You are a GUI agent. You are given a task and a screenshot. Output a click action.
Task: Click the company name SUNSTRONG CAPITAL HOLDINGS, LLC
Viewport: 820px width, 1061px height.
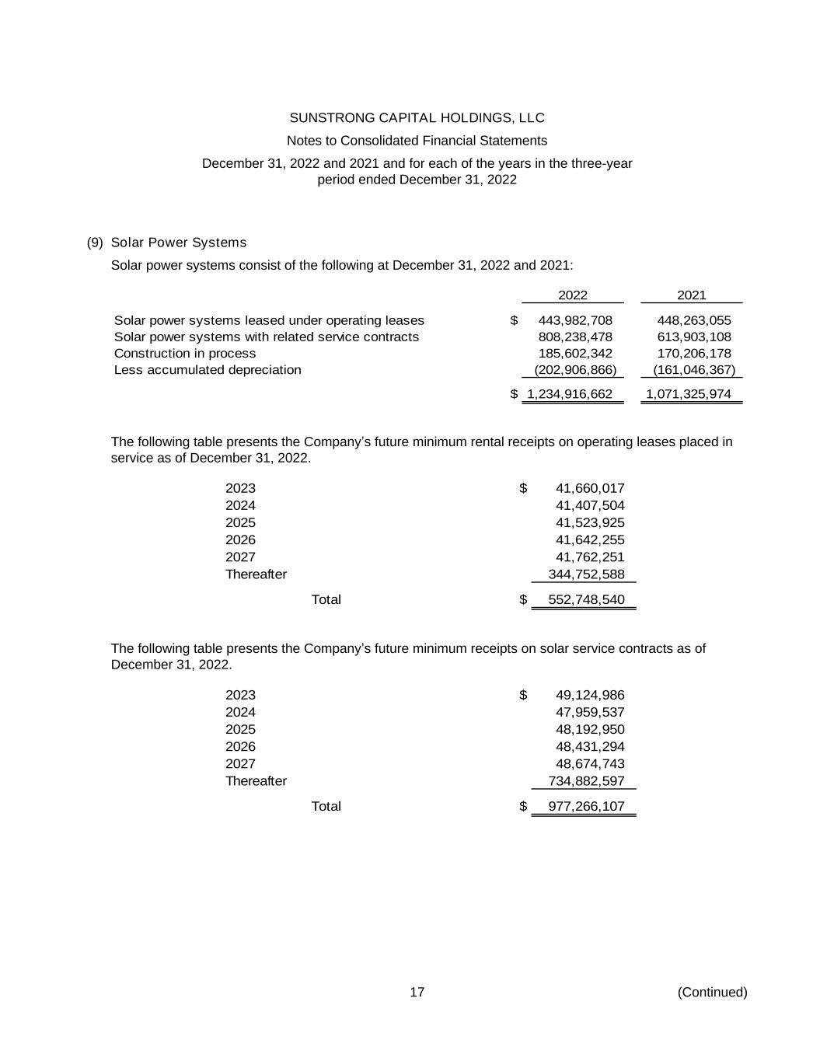click(x=417, y=118)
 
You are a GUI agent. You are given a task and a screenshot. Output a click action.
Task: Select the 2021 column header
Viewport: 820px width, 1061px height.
click(x=691, y=295)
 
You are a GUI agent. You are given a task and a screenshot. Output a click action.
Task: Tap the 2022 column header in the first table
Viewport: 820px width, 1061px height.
click(x=573, y=295)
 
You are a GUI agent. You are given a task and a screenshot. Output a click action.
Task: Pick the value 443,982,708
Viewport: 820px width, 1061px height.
click(x=575, y=320)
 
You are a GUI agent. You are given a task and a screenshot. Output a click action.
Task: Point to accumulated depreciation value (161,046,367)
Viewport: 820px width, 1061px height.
click(x=693, y=370)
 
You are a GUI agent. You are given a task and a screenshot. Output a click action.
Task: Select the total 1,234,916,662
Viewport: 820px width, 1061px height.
click(x=570, y=394)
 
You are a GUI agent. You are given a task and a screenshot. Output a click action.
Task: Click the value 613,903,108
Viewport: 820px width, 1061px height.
click(x=694, y=337)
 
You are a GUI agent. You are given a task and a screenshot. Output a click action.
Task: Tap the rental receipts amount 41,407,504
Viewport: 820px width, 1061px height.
click(x=590, y=506)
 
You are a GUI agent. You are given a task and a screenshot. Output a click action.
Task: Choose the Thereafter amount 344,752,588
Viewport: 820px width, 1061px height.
click(x=586, y=574)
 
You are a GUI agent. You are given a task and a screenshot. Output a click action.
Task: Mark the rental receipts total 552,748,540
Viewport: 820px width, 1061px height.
click(x=586, y=599)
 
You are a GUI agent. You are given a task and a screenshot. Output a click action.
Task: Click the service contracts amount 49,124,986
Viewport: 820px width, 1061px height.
click(x=590, y=695)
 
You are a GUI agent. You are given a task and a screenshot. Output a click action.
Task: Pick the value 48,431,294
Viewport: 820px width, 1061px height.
click(x=590, y=746)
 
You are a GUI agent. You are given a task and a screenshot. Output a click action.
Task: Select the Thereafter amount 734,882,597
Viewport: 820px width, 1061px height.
click(x=586, y=781)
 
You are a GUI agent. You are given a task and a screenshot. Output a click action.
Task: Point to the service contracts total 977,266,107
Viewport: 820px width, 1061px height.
click(x=586, y=806)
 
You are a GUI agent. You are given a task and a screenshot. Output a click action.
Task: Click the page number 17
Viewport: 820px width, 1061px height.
click(x=417, y=993)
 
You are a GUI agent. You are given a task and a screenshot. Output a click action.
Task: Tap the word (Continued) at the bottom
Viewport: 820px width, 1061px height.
click(x=712, y=993)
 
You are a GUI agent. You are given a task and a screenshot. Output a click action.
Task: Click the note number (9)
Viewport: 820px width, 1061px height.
click(x=95, y=243)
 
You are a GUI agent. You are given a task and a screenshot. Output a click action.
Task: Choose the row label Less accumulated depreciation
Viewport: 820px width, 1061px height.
click(x=208, y=370)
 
